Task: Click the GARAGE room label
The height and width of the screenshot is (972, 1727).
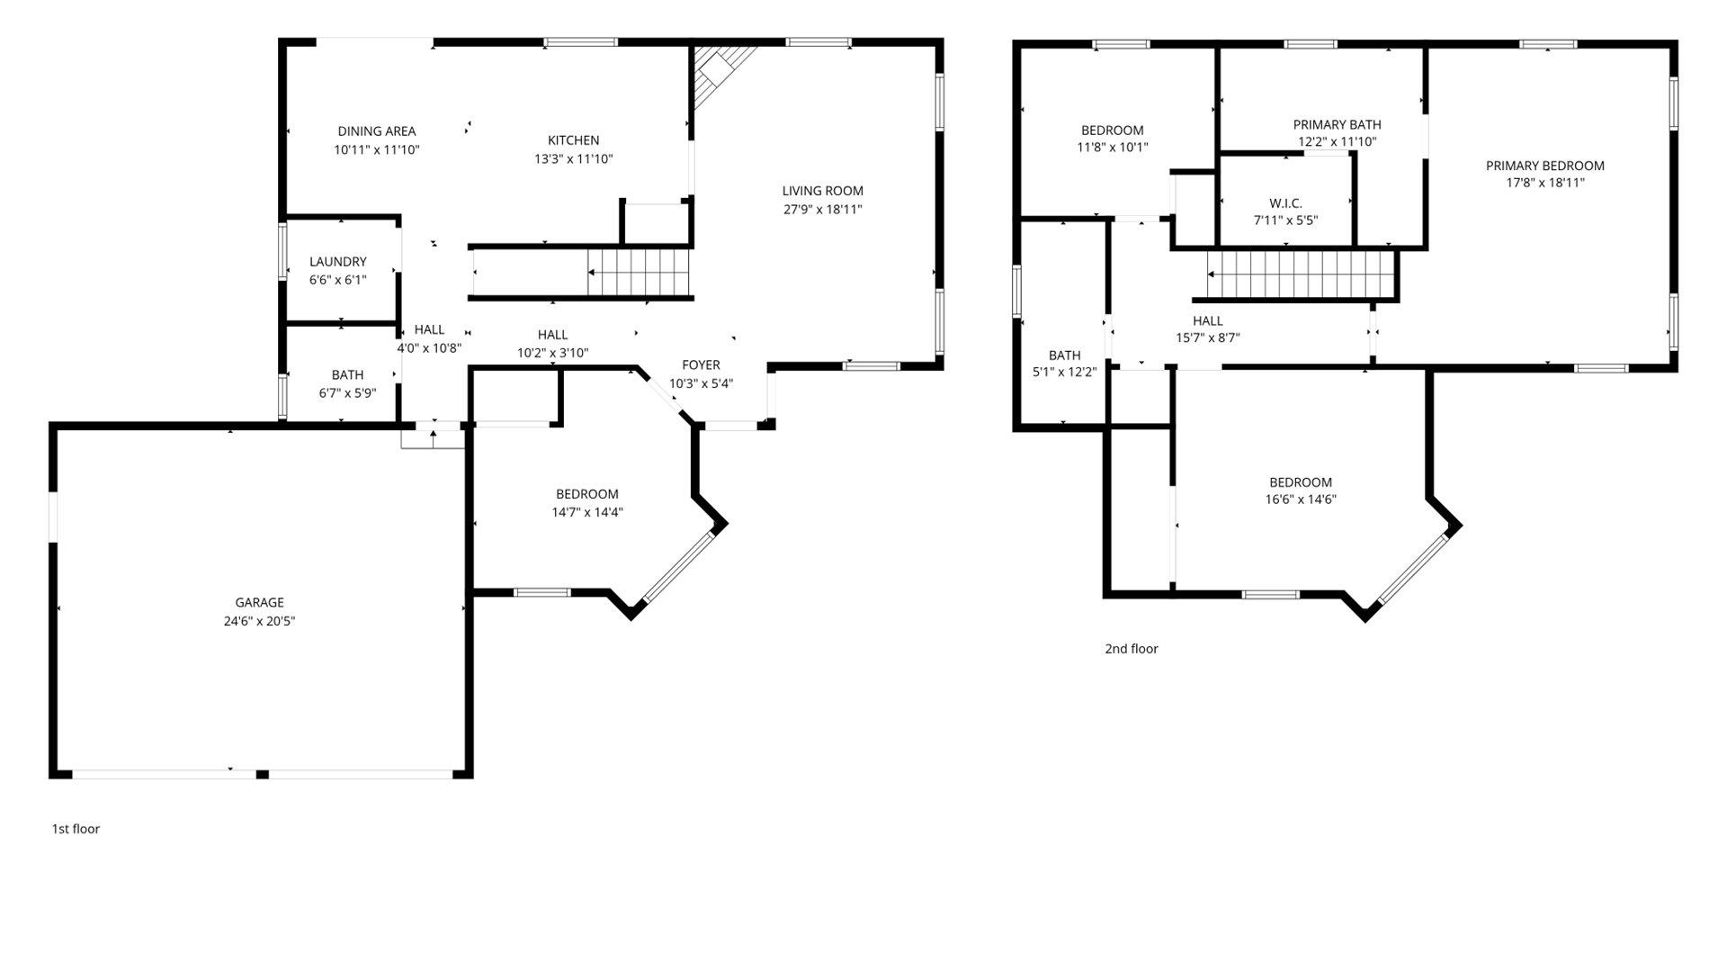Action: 259,603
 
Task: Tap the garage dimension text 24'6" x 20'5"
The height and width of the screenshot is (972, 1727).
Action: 259,621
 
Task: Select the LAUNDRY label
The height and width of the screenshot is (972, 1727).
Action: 338,262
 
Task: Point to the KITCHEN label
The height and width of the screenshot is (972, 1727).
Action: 573,140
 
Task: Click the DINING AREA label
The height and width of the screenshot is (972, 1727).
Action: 376,131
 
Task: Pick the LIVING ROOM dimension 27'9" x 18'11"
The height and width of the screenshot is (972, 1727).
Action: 822,209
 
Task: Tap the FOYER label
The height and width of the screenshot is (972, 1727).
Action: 701,364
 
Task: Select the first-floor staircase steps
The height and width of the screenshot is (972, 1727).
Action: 639,272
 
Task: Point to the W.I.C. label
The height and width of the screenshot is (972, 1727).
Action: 1285,203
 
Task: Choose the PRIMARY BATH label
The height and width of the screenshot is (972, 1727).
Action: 1337,124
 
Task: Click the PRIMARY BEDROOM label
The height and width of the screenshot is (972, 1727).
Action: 1544,166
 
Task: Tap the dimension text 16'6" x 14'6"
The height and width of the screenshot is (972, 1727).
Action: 1301,499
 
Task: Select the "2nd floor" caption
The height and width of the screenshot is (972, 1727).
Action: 1131,649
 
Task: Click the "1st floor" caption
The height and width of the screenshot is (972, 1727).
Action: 76,829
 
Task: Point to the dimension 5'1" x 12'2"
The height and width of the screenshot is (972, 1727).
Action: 1064,372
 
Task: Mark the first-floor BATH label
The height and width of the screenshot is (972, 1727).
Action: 347,374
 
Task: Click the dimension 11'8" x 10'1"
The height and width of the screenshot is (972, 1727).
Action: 1112,147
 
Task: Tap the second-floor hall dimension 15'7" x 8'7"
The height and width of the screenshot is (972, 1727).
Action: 1207,338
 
